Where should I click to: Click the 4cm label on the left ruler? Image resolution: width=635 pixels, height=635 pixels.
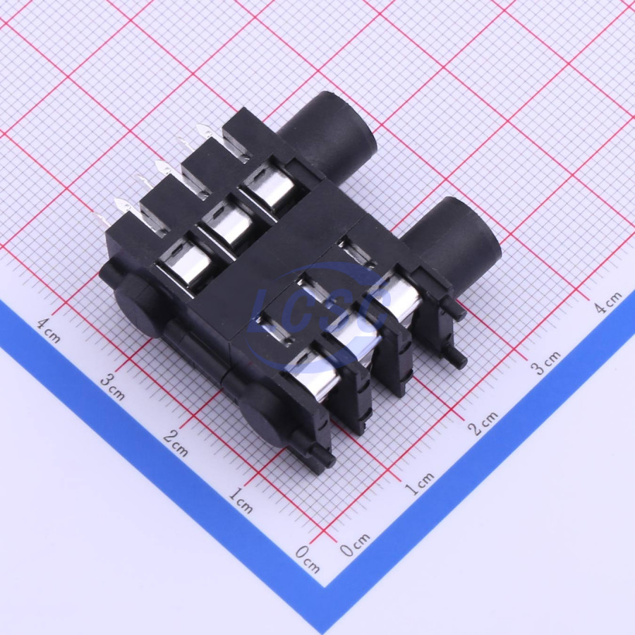(49, 329)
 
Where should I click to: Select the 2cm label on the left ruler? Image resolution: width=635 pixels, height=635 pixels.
(176, 443)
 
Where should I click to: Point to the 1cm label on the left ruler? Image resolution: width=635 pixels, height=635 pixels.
(241, 500)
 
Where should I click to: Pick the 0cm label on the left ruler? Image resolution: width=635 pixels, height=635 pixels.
(308, 559)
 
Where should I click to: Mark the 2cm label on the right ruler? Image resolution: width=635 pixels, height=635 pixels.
(483, 423)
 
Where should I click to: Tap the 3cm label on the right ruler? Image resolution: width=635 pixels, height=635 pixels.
(545, 363)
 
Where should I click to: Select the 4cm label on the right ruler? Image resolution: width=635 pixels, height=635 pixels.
(607, 302)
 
